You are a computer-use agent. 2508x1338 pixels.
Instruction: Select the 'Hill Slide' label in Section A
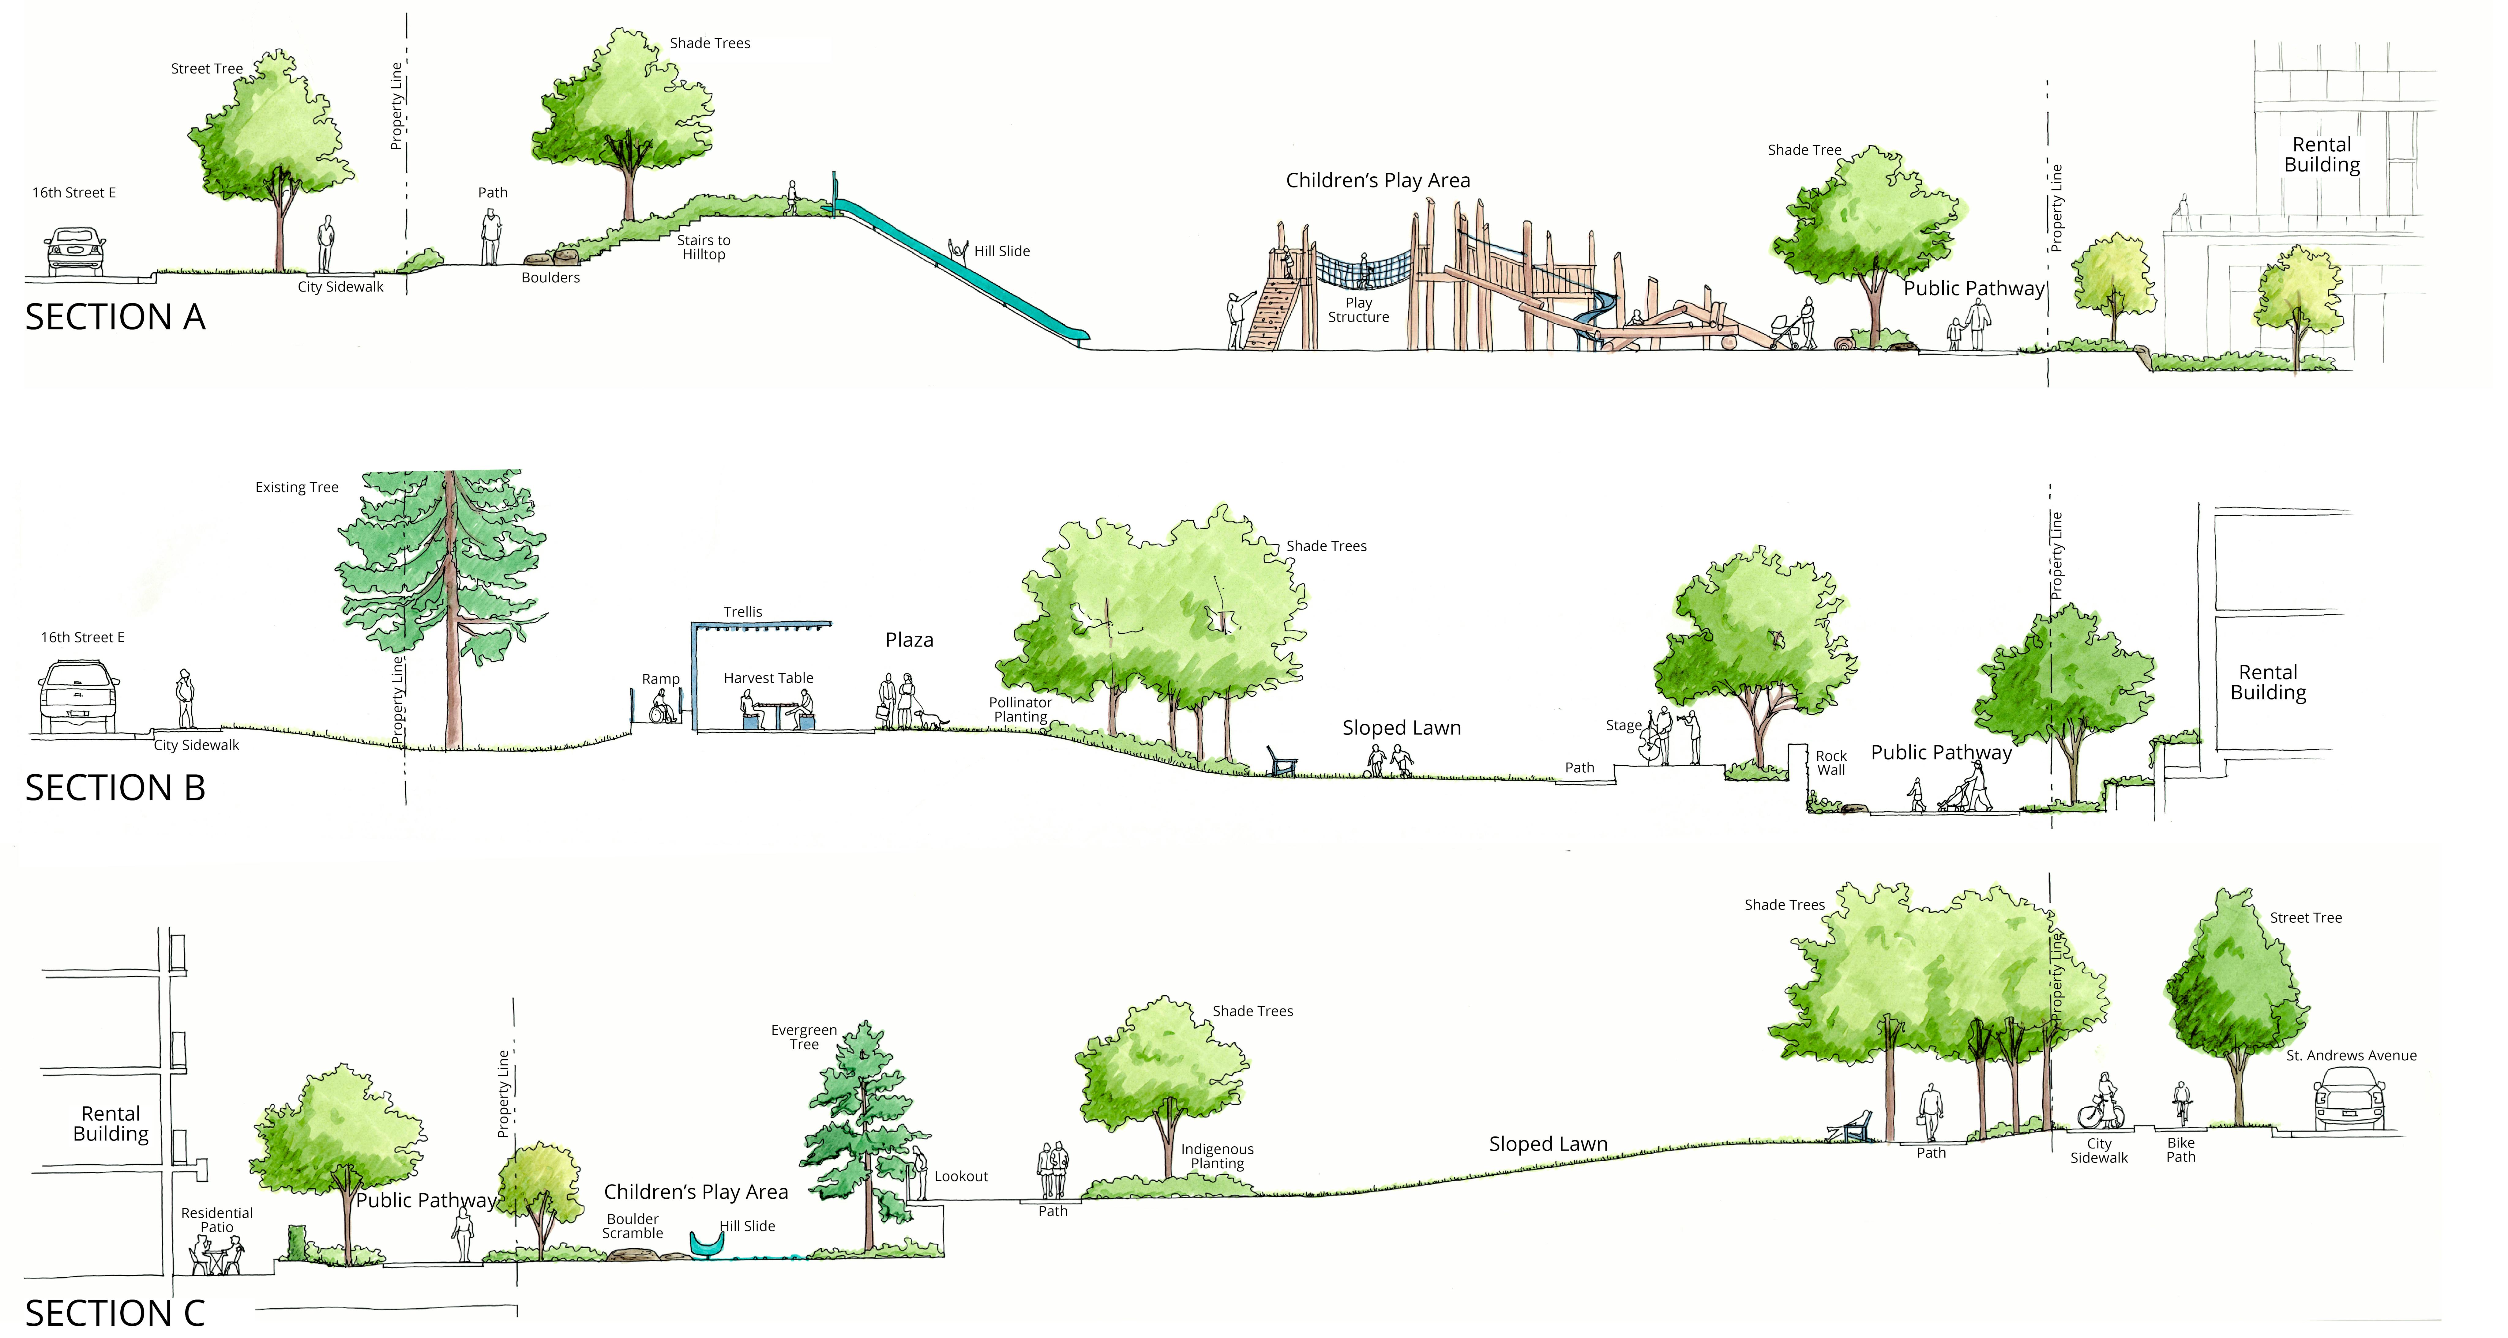pos(1002,251)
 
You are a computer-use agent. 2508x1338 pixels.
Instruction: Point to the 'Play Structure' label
pos(1358,310)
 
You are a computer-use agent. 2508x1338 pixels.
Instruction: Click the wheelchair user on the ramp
pos(663,707)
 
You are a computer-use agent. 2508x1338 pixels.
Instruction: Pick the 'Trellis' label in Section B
pos(743,612)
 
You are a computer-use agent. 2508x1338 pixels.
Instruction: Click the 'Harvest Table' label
pos(768,678)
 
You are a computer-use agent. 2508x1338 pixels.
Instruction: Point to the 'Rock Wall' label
pos(1830,763)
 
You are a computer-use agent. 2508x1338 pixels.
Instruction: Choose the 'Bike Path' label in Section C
pos(2181,1150)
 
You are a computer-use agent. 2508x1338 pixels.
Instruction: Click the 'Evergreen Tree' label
pos(804,1037)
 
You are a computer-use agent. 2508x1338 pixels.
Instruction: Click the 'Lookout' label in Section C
pos(961,1176)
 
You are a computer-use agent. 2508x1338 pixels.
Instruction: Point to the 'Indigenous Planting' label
pos(1217,1156)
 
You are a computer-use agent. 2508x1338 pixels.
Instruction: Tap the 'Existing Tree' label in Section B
pos(297,487)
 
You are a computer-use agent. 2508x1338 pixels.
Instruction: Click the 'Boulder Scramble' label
pos(633,1226)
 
